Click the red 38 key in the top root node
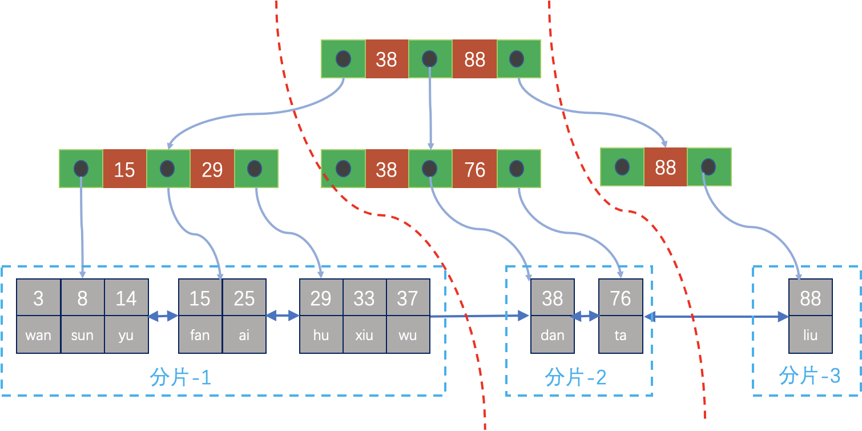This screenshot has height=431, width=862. point(386,59)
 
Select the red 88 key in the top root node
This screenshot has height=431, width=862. point(474,59)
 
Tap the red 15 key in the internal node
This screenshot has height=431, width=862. point(124,169)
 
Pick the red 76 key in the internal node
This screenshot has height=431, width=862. point(474,169)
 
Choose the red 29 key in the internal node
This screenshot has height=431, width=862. point(212,169)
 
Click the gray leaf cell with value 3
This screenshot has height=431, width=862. point(38,298)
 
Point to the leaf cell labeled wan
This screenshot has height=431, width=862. point(38,335)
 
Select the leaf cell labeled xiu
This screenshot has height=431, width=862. point(364,335)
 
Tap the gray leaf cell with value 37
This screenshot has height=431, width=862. point(408,298)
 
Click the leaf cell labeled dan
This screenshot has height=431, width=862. point(552,335)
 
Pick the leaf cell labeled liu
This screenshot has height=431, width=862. point(810,335)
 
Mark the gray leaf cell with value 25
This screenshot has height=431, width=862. point(244,298)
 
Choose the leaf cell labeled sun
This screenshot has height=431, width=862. point(82,335)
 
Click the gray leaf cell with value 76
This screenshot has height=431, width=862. point(620,298)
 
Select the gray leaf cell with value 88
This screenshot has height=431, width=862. point(810,298)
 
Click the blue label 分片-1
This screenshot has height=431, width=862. point(180,378)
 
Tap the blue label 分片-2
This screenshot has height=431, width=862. point(575,378)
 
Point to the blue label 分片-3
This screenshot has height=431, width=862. point(809,376)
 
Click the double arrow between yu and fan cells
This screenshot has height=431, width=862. point(163,316)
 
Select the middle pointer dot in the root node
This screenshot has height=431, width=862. point(430,59)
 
